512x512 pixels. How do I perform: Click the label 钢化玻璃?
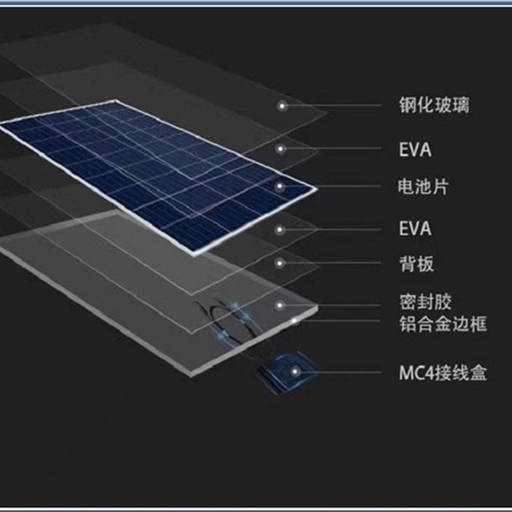pyautogui.click(x=433, y=107)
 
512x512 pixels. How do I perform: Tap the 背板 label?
pyautogui.click(x=416, y=264)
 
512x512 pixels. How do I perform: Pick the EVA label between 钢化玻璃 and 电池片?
pyautogui.click(x=415, y=151)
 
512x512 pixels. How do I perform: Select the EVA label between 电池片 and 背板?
pyautogui.click(x=415, y=227)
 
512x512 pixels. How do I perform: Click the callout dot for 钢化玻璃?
pyautogui.click(x=283, y=106)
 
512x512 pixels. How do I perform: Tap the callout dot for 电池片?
pyautogui.click(x=283, y=186)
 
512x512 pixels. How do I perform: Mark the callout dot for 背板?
pyautogui.click(x=283, y=264)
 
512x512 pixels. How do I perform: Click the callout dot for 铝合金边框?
pyautogui.click(x=295, y=321)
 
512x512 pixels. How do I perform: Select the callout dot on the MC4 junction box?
pyautogui.click(x=295, y=369)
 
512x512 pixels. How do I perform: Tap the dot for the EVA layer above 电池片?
pyautogui.click(x=283, y=149)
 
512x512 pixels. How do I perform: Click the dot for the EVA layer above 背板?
pyautogui.click(x=283, y=227)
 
